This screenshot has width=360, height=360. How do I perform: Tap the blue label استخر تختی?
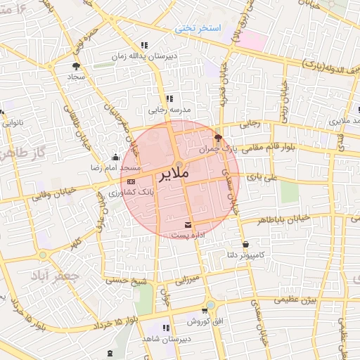tap(200, 28)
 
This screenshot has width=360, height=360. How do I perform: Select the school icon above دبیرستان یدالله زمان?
tap(144, 45)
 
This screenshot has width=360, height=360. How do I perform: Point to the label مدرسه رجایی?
tap(169, 110)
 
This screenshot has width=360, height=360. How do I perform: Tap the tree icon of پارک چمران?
tap(218, 138)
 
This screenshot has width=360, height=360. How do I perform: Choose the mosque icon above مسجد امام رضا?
tap(115, 157)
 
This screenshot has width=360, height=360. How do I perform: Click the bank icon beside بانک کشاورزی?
tap(132, 182)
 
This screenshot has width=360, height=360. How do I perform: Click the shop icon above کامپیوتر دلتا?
tap(245, 245)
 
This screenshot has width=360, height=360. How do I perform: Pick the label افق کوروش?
tap(205, 321)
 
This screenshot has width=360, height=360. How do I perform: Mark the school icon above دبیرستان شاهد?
tap(165, 328)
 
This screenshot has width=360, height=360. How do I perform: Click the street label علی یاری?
tap(271, 179)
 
